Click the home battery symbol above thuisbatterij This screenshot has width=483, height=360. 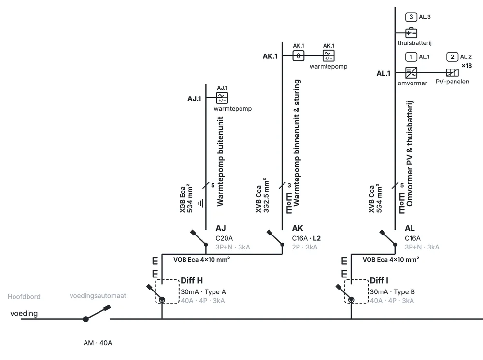tap(411, 33)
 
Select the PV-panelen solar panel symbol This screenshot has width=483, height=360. tap(452, 72)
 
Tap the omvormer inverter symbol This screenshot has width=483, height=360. tap(411, 72)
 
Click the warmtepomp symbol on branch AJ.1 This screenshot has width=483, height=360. tap(222, 98)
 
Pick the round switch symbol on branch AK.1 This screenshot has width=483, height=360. tap(298, 55)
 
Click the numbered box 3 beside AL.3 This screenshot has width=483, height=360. tap(411, 17)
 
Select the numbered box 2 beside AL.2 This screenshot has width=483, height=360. tap(452, 56)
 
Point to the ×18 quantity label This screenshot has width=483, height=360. tap(467, 66)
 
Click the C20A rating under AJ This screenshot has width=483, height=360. tap(224, 238)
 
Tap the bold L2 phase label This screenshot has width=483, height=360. tap(317, 238)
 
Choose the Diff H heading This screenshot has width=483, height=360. tap(192, 280)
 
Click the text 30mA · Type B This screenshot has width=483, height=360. tap(392, 291)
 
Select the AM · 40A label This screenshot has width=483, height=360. tap(98, 343)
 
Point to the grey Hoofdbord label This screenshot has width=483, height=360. tap(24, 297)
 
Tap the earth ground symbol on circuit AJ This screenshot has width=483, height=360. tap(201, 203)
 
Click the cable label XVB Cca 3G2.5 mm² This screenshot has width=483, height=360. tap(262, 195)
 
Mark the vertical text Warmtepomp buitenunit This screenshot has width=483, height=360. tap(220, 161)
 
